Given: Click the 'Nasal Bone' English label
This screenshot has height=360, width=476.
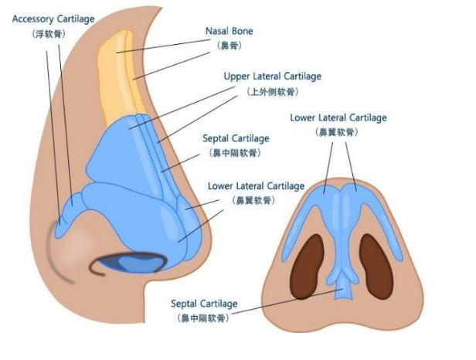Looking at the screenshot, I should tap(229, 32).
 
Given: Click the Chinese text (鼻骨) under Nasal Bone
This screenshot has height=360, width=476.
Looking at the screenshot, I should tap(229, 46).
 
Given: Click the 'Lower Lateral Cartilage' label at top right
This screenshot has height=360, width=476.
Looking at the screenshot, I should tap(338, 118).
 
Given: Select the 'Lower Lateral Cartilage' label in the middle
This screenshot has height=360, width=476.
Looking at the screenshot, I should tap(257, 186).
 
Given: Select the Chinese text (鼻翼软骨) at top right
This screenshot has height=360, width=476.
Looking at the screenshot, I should tap(338, 133).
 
